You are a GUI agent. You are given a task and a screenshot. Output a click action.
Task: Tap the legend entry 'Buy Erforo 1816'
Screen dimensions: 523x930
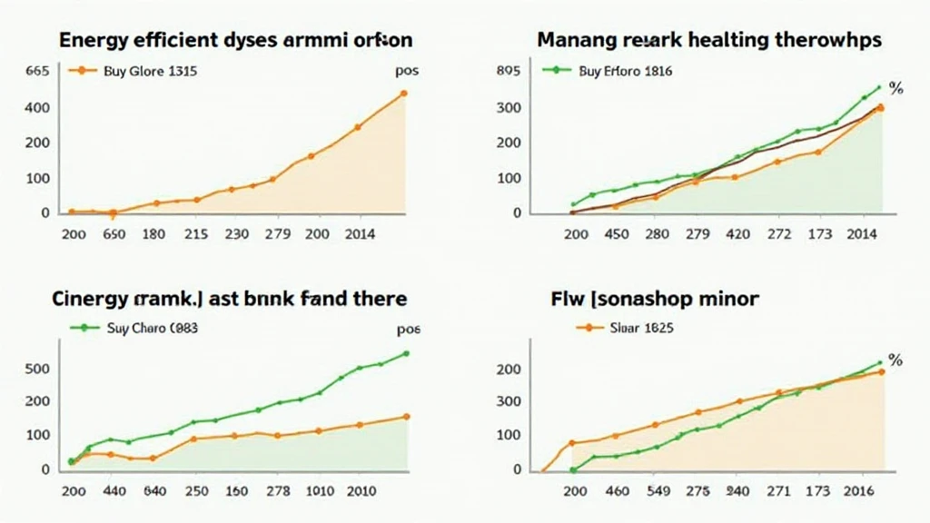(x=624, y=71)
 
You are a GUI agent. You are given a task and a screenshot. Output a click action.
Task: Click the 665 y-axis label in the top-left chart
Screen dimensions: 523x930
(x=37, y=71)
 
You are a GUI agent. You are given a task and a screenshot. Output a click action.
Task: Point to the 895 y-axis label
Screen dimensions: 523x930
(x=510, y=71)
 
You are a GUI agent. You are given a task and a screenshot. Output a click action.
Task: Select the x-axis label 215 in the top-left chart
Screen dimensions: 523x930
(x=196, y=234)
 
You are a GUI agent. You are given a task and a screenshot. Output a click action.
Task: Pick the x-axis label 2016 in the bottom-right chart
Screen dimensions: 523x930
(x=860, y=491)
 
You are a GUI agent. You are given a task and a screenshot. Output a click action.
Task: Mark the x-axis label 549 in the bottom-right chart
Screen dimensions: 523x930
(x=659, y=491)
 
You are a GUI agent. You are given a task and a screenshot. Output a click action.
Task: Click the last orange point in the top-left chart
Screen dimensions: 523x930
(x=403, y=94)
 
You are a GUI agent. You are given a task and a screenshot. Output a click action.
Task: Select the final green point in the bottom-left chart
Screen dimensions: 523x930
(x=405, y=353)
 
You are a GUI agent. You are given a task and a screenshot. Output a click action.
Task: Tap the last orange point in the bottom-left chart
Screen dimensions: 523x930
(x=405, y=417)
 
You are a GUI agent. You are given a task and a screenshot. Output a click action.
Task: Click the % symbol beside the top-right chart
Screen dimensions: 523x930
(x=895, y=89)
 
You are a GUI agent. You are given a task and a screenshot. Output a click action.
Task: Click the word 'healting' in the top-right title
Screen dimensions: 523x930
(x=729, y=41)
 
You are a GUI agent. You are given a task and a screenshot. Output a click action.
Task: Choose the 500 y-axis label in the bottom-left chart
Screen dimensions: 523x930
(x=37, y=370)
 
